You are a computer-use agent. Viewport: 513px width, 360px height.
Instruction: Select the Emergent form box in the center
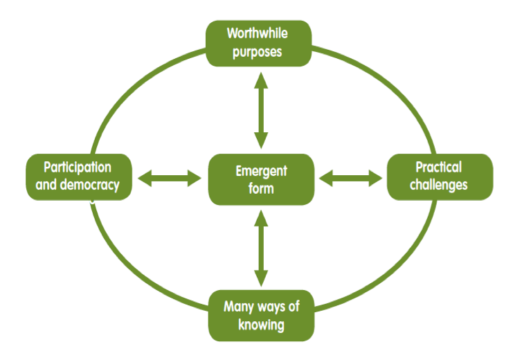click(x=261, y=179)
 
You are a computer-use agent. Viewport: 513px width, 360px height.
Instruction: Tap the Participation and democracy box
click(x=78, y=177)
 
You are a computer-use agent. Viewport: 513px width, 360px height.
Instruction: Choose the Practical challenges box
click(x=440, y=177)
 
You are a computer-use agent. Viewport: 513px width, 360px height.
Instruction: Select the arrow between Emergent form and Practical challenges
click(x=350, y=179)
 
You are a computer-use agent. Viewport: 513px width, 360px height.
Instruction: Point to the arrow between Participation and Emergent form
click(x=168, y=179)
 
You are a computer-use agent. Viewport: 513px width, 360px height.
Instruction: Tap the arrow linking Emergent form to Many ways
click(x=261, y=246)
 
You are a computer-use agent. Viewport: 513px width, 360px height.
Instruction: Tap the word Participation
click(x=78, y=168)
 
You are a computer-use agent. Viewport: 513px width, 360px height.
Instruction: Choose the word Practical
click(x=439, y=168)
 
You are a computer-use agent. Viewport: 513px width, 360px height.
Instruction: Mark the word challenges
click(x=439, y=186)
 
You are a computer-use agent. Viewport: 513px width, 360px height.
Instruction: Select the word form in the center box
click(x=261, y=188)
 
